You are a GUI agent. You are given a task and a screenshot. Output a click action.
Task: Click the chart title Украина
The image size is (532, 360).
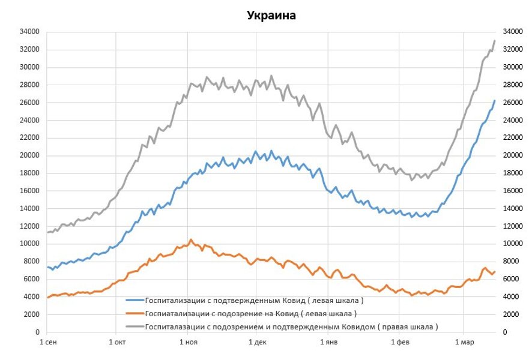click(x=271, y=15)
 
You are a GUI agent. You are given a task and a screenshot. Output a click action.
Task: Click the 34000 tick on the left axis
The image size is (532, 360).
click(x=29, y=31)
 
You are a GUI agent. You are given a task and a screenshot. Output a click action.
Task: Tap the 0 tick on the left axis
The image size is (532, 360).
click(x=37, y=332)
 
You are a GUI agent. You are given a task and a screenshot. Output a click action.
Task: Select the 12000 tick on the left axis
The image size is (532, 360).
click(x=29, y=226)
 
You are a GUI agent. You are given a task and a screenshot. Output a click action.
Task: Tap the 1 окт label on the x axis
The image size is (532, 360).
click(x=117, y=343)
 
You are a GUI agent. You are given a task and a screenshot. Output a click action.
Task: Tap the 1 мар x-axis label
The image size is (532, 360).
click(x=463, y=343)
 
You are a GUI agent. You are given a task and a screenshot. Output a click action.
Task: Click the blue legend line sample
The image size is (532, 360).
click(x=135, y=299)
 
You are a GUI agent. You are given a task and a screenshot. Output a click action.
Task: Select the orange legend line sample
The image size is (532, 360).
click(x=135, y=313)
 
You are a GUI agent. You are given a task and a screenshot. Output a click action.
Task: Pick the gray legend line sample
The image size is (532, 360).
click(x=135, y=327)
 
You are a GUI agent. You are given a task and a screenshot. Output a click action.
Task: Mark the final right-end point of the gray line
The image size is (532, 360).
click(x=494, y=41)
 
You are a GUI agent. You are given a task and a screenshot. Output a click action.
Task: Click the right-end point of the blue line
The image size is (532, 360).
click(x=494, y=101)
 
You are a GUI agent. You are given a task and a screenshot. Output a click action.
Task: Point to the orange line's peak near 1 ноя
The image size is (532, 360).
click(x=191, y=239)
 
